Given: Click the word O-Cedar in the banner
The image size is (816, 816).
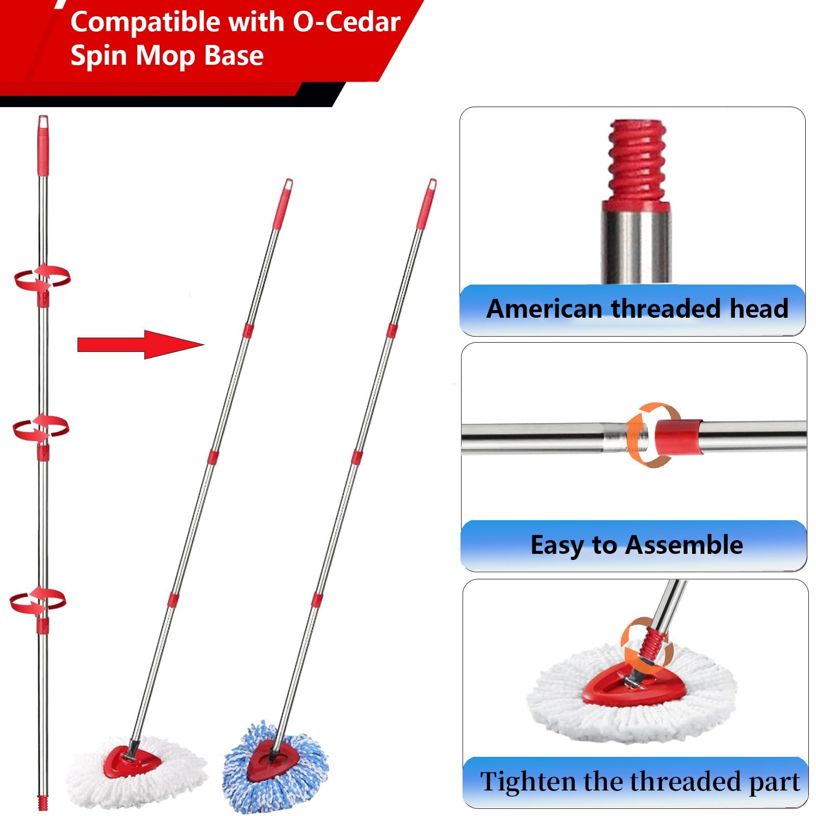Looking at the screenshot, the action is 346,22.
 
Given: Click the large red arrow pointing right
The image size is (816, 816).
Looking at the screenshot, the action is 141,345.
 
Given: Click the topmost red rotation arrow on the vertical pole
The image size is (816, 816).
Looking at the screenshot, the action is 42,278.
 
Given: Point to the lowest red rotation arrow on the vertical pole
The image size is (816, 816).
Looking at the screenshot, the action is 38,601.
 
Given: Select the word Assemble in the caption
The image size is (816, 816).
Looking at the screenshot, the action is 684,545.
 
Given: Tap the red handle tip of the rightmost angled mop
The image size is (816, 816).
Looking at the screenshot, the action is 427,203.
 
